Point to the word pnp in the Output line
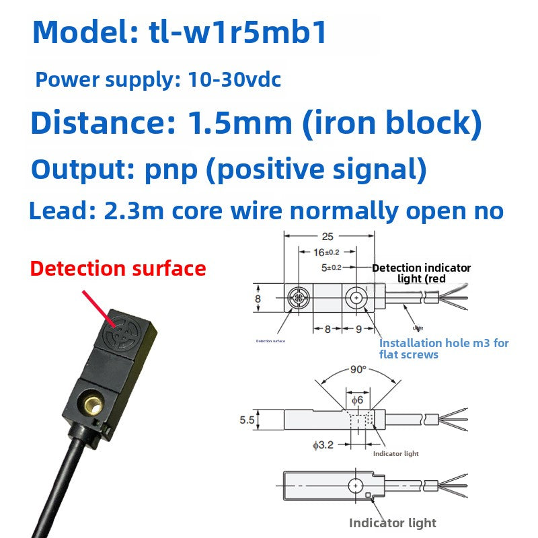[x=171, y=169]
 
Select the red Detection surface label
[x=118, y=269]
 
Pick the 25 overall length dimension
[x=328, y=237]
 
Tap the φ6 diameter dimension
[x=358, y=400]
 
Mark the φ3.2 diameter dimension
[x=322, y=445]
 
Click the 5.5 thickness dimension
[x=247, y=420]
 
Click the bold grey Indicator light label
[x=393, y=523]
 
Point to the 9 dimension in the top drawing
[x=359, y=330]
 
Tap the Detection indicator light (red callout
[x=422, y=273]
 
